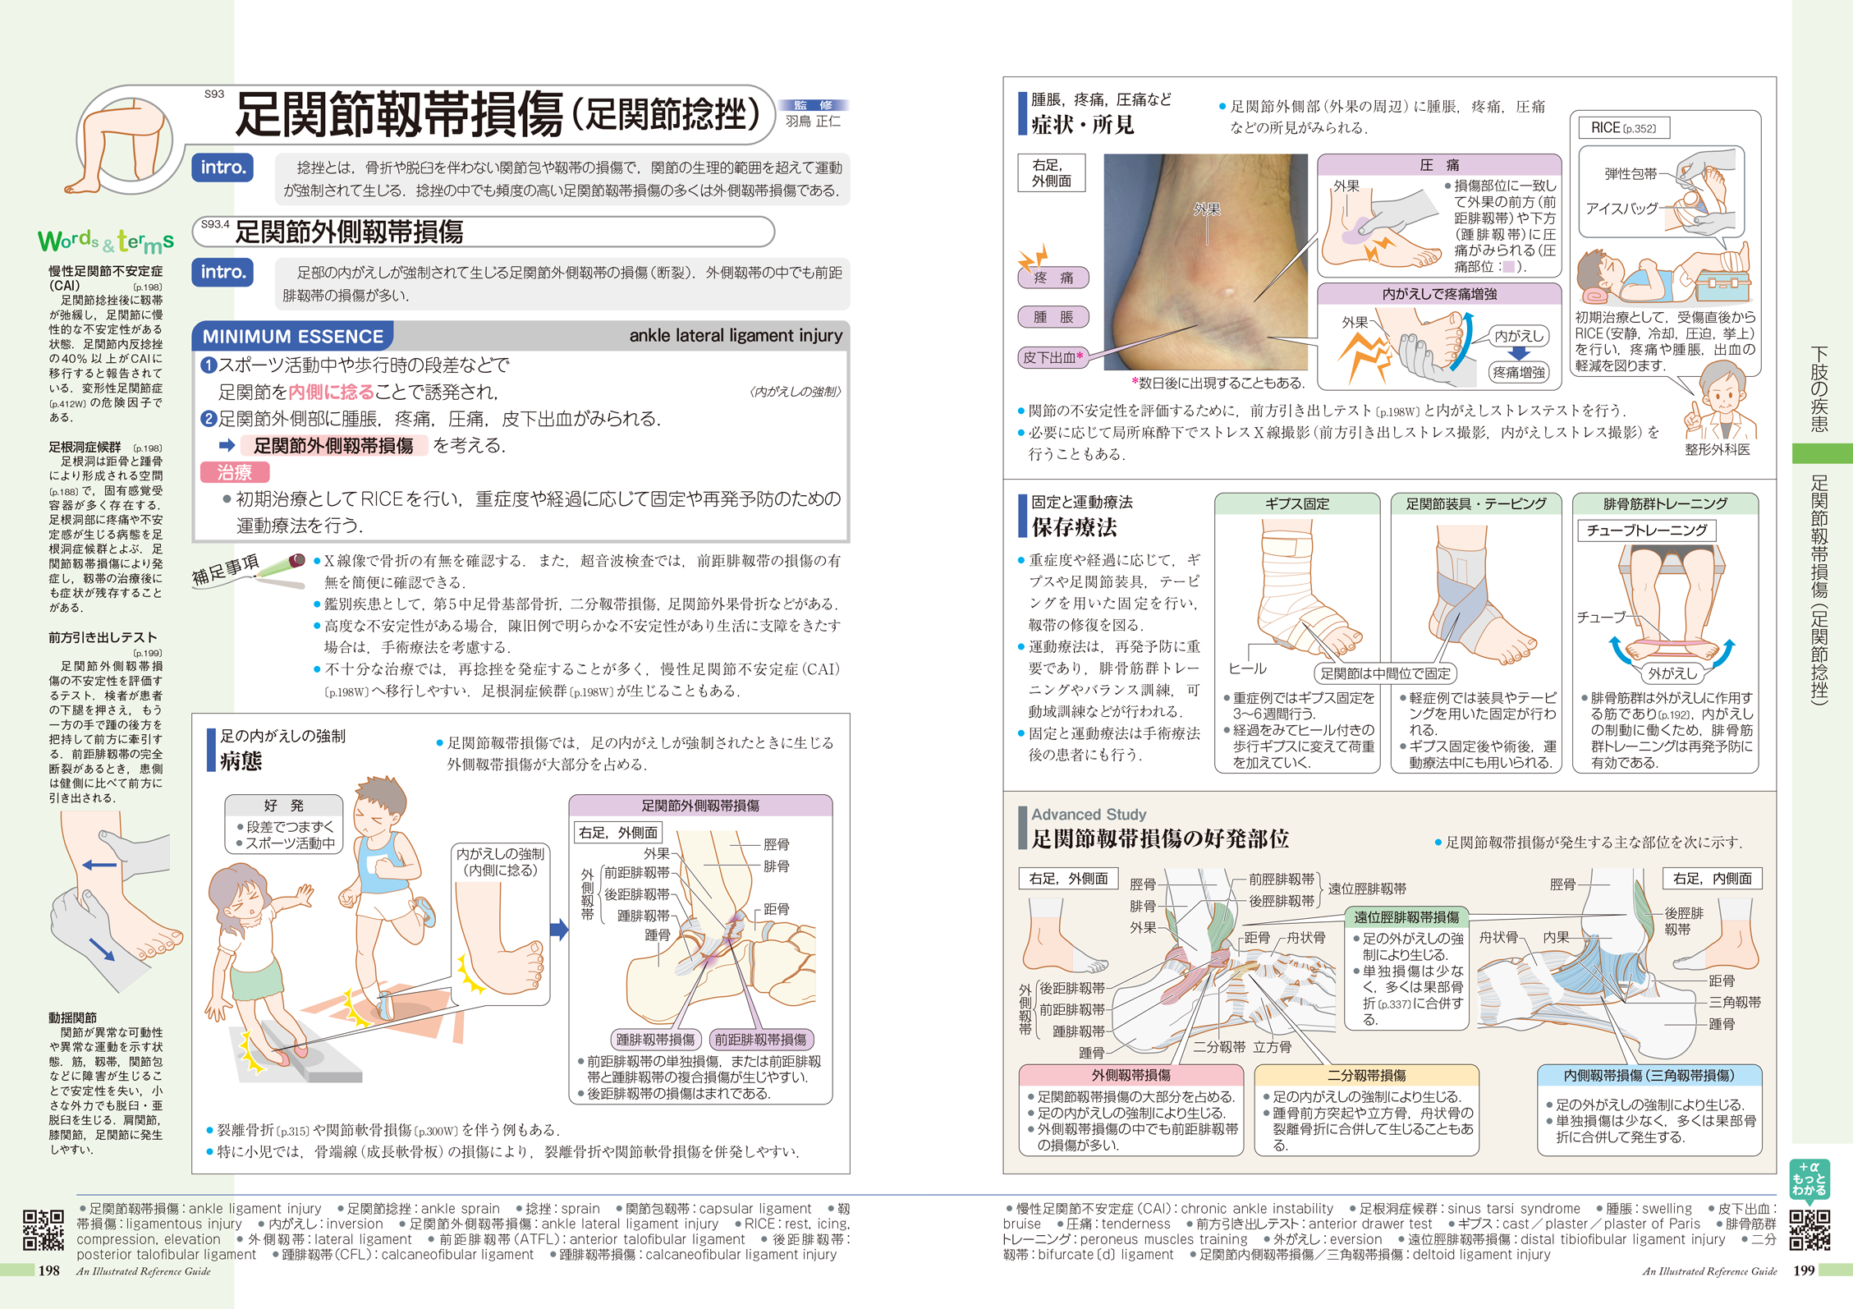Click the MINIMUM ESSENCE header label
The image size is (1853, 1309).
pyautogui.click(x=292, y=336)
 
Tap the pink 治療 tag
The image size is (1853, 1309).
pyautogui.click(x=235, y=472)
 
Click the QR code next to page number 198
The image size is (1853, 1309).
pyautogui.click(x=43, y=1229)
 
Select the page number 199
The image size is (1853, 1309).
pyautogui.click(x=1803, y=1270)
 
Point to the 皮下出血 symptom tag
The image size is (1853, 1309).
pyautogui.click(x=1053, y=357)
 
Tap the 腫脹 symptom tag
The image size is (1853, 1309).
pyautogui.click(x=1053, y=317)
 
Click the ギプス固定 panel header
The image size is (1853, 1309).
pyautogui.click(x=1296, y=503)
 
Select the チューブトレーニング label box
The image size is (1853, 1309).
pyautogui.click(x=1645, y=530)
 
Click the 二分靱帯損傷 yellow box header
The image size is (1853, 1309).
pyautogui.click(x=1366, y=1075)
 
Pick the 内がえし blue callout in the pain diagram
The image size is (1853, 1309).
pyautogui.click(x=1518, y=336)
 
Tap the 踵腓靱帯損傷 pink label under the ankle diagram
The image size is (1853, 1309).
pyautogui.click(x=655, y=1040)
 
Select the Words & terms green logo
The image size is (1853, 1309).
pyautogui.click(x=106, y=241)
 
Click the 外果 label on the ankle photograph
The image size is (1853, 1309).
pyautogui.click(x=1206, y=209)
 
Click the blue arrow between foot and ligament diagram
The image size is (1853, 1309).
pyautogui.click(x=559, y=930)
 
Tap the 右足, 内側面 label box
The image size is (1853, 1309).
pyautogui.click(x=1712, y=879)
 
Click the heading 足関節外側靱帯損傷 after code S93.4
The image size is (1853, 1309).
pyautogui.click(x=349, y=232)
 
